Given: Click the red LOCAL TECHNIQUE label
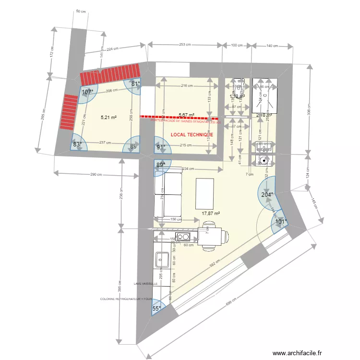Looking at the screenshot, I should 192,135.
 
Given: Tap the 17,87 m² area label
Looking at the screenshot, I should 211,214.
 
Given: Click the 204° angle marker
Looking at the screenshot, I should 267,194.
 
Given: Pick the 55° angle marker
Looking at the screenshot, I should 156,309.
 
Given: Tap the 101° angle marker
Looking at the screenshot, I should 281,222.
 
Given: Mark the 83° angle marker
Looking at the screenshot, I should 78,144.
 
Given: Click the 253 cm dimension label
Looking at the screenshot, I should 185,45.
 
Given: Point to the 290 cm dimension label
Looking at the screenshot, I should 96,175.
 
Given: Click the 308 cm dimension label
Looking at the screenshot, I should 310,110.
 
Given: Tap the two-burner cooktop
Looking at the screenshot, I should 183,236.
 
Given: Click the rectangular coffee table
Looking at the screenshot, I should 205,193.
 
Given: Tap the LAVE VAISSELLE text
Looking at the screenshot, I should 146,284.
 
